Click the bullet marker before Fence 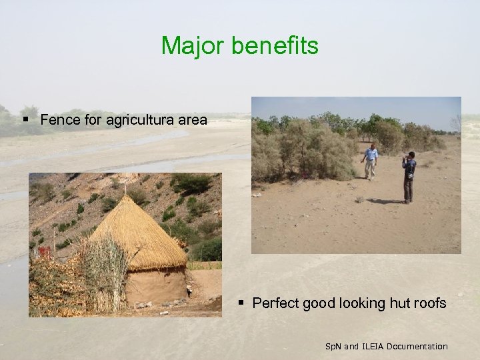point(25,120)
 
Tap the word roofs point(430,303)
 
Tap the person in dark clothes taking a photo point(409,176)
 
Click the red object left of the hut point(44,252)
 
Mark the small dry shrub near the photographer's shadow point(359,199)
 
